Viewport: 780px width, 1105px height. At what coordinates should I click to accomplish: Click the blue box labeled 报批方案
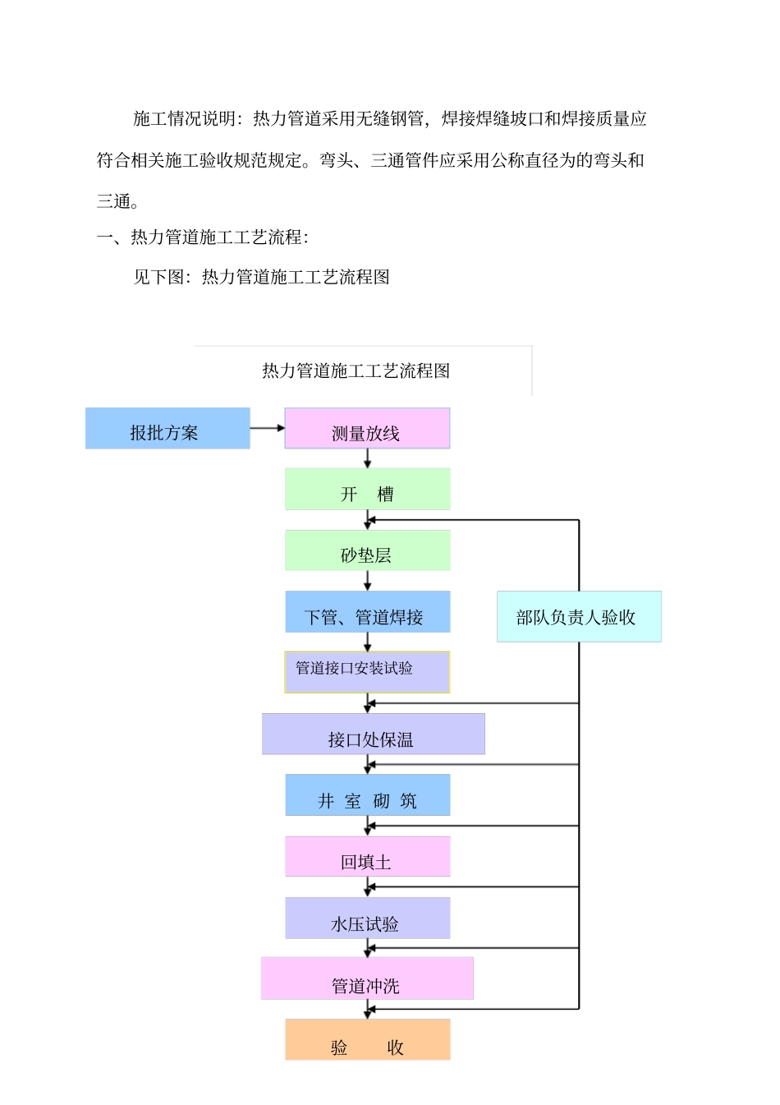click(x=167, y=429)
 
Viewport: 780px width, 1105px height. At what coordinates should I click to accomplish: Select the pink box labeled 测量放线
click(x=367, y=429)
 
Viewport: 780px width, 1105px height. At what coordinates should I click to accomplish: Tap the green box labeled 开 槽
click(x=367, y=490)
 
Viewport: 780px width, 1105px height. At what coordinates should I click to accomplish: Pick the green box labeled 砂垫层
click(x=367, y=550)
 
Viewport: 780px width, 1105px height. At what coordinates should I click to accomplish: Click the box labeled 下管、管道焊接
click(x=367, y=612)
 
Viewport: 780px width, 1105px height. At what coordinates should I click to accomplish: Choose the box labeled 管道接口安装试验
click(x=367, y=672)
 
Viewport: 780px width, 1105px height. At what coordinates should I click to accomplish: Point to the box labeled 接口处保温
click(x=373, y=734)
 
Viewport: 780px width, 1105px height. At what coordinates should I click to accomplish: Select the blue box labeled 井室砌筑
click(x=367, y=795)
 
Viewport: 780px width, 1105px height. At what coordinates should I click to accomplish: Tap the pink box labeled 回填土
click(x=367, y=857)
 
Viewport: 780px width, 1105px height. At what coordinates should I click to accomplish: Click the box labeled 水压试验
click(x=367, y=919)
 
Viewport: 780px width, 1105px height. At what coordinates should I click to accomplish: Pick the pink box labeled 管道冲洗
click(x=367, y=978)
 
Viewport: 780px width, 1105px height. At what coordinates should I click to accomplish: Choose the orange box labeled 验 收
click(x=367, y=1040)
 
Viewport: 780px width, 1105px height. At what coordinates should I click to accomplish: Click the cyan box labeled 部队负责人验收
click(x=578, y=617)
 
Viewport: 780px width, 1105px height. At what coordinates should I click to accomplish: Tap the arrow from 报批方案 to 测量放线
click(x=267, y=428)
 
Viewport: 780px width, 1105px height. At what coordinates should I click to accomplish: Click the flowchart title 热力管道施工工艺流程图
click(x=356, y=371)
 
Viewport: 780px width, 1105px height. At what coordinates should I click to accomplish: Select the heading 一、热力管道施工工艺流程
click(x=202, y=237)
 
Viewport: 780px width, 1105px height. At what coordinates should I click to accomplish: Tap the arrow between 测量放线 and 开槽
click(x=367, y=458)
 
